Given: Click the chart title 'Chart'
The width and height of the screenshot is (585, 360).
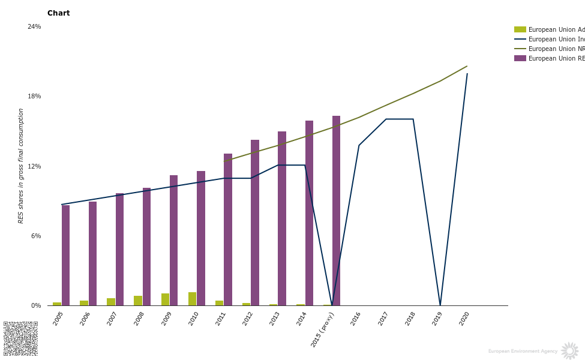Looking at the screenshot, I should (58, 13).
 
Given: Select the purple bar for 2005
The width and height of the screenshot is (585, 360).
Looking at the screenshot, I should (65, 255).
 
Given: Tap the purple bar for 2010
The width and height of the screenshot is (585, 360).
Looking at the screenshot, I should (201, 238).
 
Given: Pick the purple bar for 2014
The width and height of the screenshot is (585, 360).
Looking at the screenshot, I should (309, 213).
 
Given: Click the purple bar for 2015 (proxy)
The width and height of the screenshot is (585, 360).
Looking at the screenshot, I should (336, 211).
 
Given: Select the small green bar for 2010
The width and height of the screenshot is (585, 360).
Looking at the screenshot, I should (192, 299).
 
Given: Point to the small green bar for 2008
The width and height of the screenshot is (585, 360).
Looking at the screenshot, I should (138, 301).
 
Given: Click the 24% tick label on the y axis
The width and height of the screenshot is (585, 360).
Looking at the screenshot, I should (34, 26).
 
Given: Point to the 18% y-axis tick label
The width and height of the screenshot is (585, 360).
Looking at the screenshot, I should (34, 97).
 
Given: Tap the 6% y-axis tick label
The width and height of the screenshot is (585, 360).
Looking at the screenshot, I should (36, 236).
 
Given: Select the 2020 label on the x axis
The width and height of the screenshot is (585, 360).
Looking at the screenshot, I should (464, 319).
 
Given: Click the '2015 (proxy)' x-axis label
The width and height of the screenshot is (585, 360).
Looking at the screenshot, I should (322, 329).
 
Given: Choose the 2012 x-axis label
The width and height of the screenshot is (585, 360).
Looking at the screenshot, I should (247, 319).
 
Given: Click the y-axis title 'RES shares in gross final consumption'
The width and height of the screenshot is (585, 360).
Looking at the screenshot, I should (21, 166).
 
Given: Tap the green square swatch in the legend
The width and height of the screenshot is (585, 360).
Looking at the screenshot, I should (520, 29).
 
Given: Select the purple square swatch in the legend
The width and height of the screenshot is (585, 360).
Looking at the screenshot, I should (520, 58).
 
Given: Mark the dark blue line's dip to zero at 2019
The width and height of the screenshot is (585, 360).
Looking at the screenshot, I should (440, 305).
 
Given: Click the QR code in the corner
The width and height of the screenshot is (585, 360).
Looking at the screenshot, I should (20, 338).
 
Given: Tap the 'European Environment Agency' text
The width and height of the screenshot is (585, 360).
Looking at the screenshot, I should (523, 351).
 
